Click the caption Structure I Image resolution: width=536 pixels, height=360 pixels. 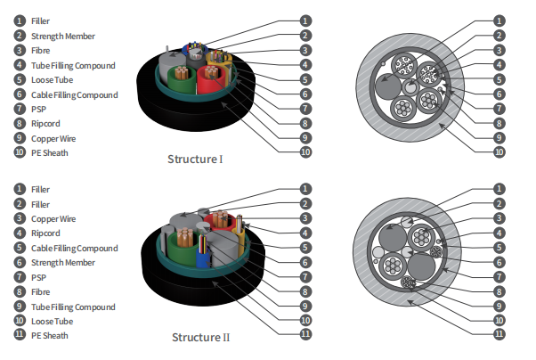(x=195, y=160)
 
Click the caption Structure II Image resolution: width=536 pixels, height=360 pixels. (x=200, y=338)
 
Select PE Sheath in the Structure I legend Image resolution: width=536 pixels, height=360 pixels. (x=50, y=152)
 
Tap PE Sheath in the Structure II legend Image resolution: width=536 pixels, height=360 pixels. (x=50, y=335)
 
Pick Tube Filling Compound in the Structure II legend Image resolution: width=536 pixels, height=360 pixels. (x=74, y=307)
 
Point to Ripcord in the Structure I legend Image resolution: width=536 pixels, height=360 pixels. (x=46, y=123)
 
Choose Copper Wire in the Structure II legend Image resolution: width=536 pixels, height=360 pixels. (x=53, y=218)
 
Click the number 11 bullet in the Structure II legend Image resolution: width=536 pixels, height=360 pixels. (x=19, y=335)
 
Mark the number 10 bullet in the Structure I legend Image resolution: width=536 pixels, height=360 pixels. (x=19, y=152)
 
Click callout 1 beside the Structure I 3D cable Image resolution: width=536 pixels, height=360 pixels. (x=305, y=19)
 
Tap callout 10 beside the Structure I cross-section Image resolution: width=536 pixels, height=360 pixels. (x=499, y=152)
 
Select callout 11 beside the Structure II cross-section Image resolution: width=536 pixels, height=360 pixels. (x=499, y=334)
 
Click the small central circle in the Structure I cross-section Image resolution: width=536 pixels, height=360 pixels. (x=410, y=87)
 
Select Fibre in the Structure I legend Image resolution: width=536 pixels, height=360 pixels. (x=41, y=50)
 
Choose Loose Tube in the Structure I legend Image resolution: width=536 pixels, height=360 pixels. (x=51, y=79)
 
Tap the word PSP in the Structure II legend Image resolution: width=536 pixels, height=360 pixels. (x=38, y=277)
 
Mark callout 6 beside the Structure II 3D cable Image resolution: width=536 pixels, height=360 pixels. (x=305, y=261)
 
